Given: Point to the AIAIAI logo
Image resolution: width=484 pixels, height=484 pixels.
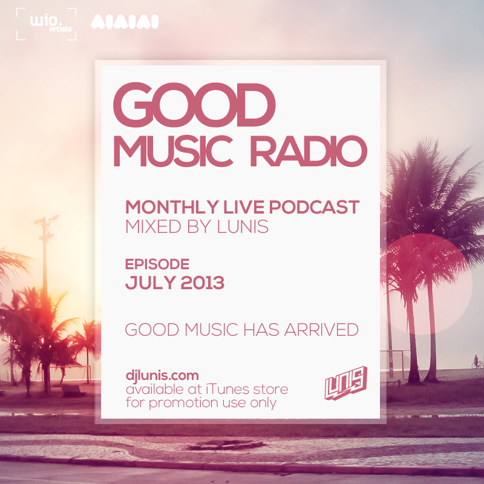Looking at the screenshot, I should [124, 23].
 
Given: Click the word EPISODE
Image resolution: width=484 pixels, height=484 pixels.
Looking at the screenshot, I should [157, 264].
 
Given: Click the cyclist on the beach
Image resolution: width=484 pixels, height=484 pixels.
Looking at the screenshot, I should [477, 362].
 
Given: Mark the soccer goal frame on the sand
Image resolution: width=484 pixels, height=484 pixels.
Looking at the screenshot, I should [396, 360].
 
